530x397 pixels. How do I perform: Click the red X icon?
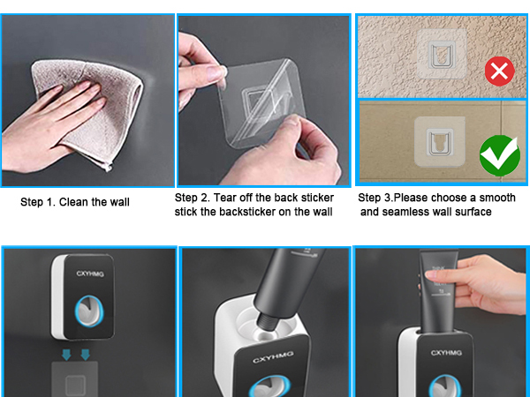coord(500,70)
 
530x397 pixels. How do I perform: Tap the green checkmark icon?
coord(499,155)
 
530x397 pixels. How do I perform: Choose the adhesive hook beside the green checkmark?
coord(438,141)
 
